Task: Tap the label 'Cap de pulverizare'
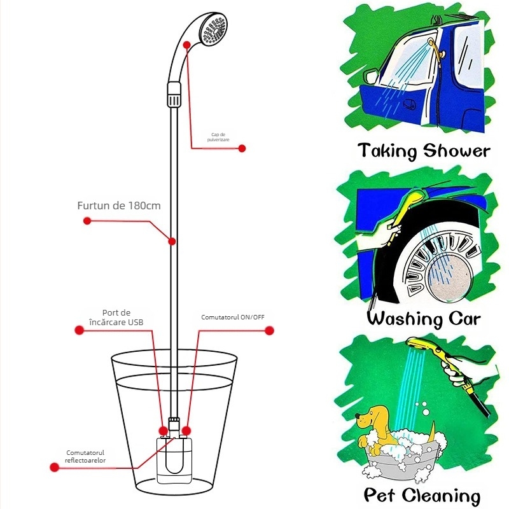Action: point(224,137)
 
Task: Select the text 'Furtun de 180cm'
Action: point(119,206)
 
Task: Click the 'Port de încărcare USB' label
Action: point(116,317)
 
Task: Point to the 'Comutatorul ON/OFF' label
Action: point(232,317)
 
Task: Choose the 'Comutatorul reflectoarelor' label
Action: point(85,456)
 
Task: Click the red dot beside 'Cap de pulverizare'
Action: point(242,148)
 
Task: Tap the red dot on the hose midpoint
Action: point(172,241)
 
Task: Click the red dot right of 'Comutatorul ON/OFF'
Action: point(269,330)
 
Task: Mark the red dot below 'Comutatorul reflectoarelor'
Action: point(54,467)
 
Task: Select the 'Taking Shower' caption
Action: point(423,151)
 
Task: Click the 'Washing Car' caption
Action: point(423,318)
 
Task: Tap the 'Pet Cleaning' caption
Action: point(422,495)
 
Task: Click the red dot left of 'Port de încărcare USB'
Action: point(79,330)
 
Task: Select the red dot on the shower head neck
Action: point(187,44)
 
